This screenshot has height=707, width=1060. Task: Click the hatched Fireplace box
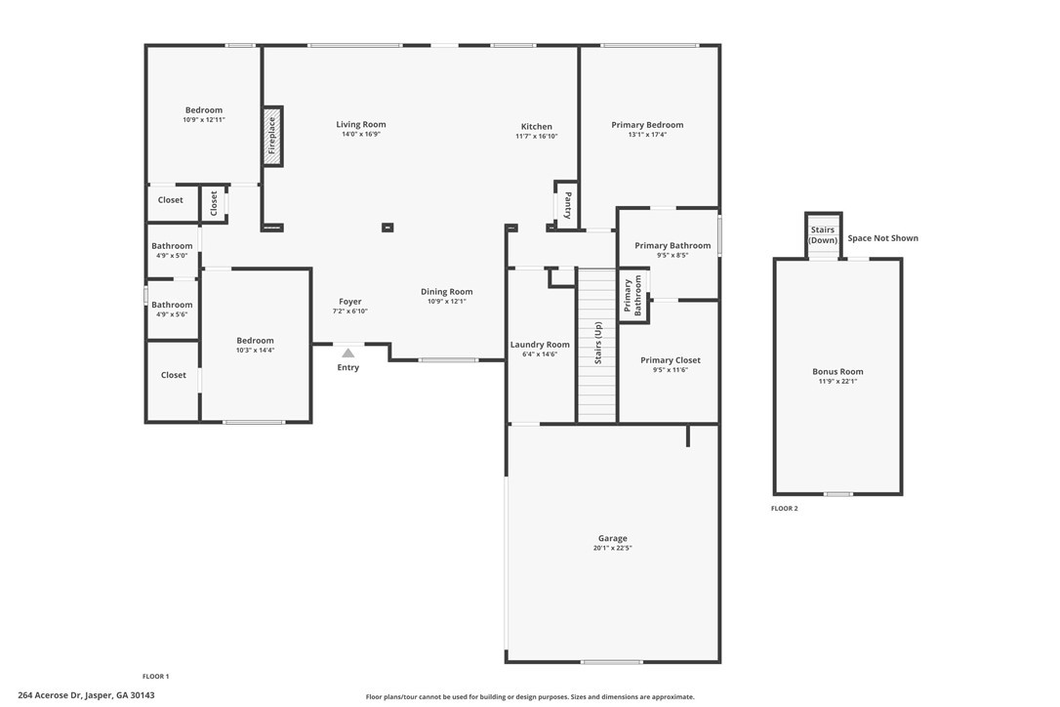coord(272,136)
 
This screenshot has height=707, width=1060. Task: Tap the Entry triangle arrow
coord(347,353)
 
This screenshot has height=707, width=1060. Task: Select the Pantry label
coord(568,205)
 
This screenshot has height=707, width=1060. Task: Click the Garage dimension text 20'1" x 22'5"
coord(612,548)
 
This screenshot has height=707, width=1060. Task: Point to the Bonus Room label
coord(837,371)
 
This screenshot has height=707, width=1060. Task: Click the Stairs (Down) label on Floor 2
coord(823,234)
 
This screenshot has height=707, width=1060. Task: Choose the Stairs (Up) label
coord(597,343)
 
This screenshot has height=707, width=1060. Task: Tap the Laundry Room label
coord(540,345)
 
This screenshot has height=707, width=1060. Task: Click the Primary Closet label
coord(671,360)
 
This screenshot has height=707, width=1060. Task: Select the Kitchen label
coord(537,127)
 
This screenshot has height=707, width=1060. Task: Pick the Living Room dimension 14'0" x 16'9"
coord(361,134)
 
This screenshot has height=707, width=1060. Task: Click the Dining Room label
coord(447,292)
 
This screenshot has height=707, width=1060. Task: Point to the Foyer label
coord(350,302)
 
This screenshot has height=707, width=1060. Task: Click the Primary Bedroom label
coord(647,124)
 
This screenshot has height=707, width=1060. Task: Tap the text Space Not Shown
coord(883,238)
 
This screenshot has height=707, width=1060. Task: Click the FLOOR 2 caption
coord(784,508)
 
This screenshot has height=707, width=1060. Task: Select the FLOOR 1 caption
coord(155,676)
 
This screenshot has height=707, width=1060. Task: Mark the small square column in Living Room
coord(387,228)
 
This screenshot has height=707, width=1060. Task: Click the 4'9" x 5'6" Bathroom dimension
coord(172,314)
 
